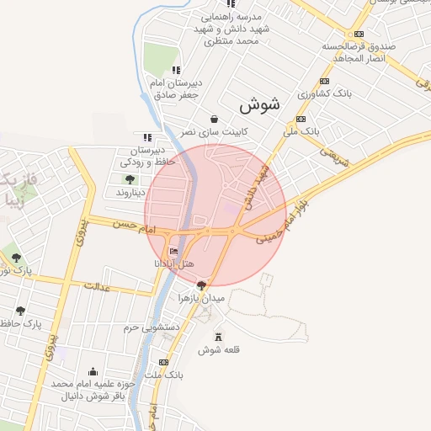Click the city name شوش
click(258, 105)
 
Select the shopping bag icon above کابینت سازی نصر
click(215, 119)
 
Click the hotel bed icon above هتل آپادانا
click(174, 252)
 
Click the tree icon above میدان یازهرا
click(200, 285)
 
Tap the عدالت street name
click(98, 287)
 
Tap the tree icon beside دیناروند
click(129, 179)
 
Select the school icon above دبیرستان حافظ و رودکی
click(148, 136)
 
